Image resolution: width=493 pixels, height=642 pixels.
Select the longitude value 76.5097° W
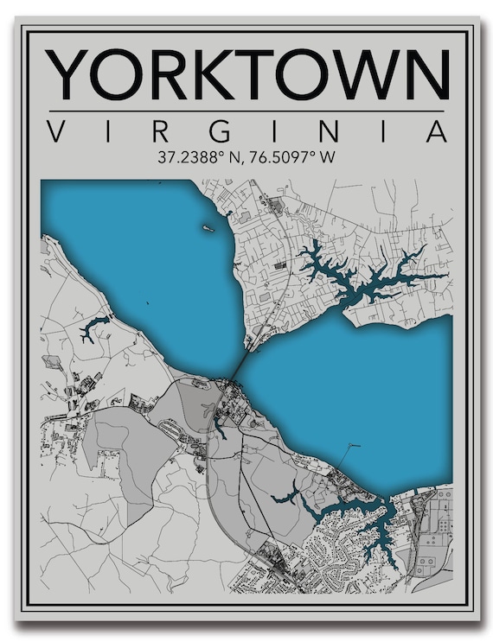coord(291,158)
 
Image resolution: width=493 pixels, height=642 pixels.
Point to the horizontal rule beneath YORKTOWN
coord(246,111)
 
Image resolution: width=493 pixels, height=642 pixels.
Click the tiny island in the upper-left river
coord(208,228)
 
